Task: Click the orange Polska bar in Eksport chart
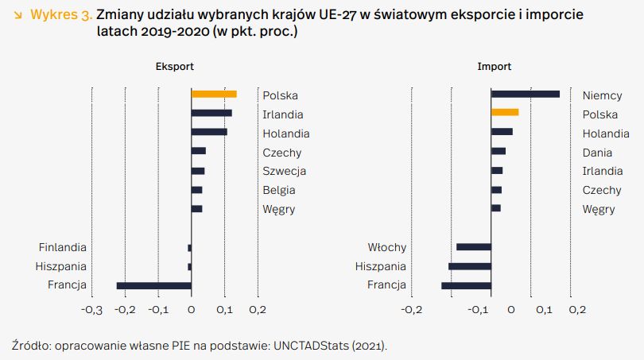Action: click(214, 95)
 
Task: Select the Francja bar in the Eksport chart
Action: click(154, 285)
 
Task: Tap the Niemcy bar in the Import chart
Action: click(525, 95)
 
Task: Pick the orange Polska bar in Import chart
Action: click(505, 113)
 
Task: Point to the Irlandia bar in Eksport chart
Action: click(211, 114)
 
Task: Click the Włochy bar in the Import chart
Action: click(474, 247)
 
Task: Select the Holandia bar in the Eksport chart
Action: click(209, 133)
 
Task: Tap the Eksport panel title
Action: click(174, 67)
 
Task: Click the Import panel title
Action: click(494, 67)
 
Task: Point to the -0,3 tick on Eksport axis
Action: click(92, 310)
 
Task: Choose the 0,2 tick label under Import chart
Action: click(577, 310)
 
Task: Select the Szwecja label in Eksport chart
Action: click(285, 171)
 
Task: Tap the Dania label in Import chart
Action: click(598, 152)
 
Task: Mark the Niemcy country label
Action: click(602, 95)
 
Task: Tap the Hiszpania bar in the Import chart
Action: click(470, 266)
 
